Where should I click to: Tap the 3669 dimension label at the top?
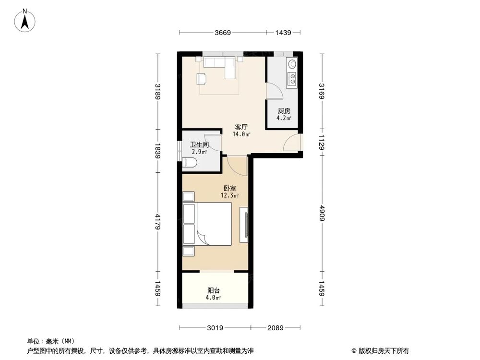coord(223,33)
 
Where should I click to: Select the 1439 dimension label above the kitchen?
coord(284,33)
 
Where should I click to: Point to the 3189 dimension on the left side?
coord(157,92)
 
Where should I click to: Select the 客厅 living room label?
coord(241,127)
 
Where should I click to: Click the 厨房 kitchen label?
coord(283,111)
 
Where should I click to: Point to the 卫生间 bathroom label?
coord(199,144)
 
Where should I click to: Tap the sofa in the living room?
coord(219,62)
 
